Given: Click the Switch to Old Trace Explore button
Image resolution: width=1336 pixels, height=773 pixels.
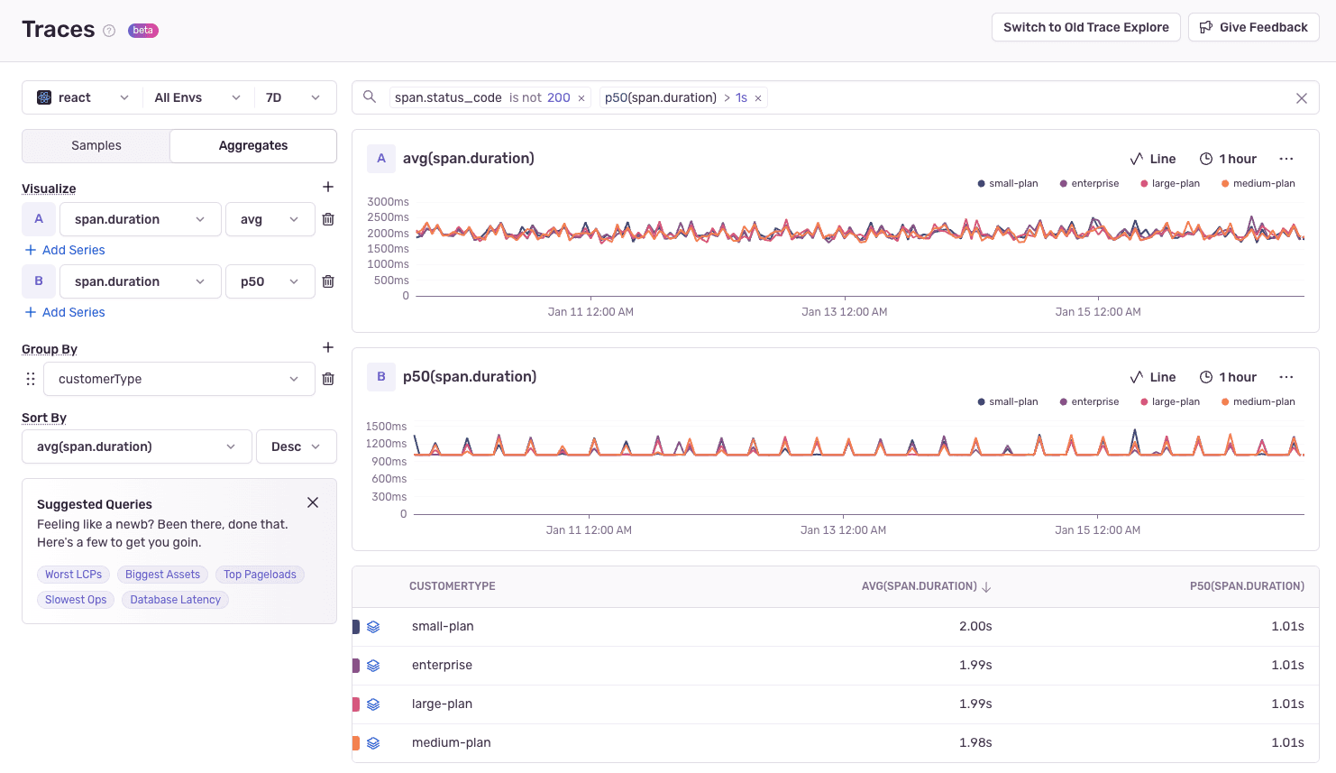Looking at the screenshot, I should (x=1085, y=27).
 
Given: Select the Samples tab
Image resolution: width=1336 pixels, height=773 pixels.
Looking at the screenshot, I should (x=96, y=145).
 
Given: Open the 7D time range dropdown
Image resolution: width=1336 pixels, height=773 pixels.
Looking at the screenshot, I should (x=293, y=97).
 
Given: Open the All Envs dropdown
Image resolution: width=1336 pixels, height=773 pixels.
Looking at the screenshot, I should (x=197, y=97).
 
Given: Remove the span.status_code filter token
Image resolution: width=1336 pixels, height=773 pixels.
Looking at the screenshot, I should (x=581, y=98).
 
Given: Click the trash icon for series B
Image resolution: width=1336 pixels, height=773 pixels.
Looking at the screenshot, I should (x=328, y=281).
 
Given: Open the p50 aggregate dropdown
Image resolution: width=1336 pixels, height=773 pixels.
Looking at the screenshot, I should (x=270, y=281).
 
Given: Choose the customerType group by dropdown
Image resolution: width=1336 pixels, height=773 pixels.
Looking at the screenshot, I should (x=178, y=379).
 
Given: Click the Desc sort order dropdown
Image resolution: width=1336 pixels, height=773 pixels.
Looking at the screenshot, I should (x=297, y=446).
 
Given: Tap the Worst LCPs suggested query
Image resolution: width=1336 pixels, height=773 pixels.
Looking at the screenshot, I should (x=73, y=575).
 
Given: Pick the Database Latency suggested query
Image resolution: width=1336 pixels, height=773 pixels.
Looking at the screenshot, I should (x=175, y=600).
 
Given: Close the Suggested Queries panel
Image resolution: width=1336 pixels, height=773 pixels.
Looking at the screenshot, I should (x=313, y=502).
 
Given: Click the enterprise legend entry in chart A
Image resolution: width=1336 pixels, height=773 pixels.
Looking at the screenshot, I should (x=1089, y=183).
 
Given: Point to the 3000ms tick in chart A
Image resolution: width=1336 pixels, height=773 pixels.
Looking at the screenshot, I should (x=388, y=201).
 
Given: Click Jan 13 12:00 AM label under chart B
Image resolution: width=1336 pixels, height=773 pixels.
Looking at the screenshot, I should (x=843, y=530).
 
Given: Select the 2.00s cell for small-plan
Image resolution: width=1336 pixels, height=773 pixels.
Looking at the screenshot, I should (x=975, y=626).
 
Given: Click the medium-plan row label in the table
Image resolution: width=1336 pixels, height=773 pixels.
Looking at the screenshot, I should (x=451, y=742).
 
